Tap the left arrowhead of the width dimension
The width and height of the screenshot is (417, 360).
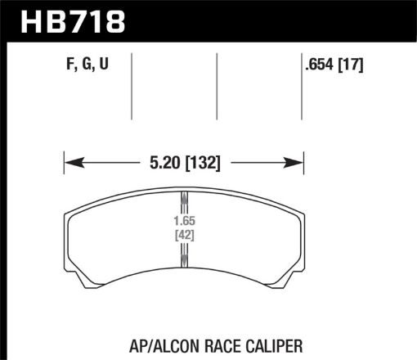pyautogui.click(x=69, y=161)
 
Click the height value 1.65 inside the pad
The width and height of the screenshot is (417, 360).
pyautogui.click(x=184, y=222)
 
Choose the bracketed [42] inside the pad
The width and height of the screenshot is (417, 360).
pyautogui.click(x=184, y=236)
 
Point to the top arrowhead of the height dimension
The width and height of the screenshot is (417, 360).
pyautogui.click(x=184, y=197)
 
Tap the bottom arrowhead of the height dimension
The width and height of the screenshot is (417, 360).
pyautogui.click(x=184, y=261)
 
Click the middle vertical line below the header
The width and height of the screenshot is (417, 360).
pyautogui.click(x=217, y=86)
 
